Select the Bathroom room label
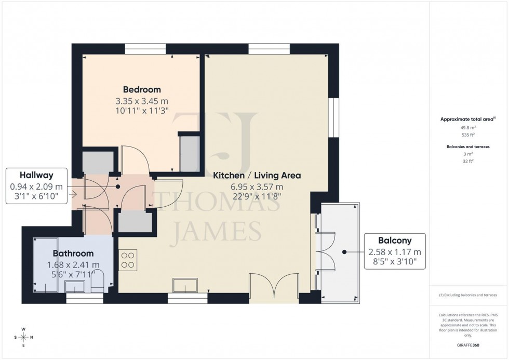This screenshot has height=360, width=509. click(x=73, y=254)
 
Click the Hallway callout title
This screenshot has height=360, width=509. click(x=36, y=175)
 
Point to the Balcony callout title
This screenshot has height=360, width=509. click(x=395, y=241)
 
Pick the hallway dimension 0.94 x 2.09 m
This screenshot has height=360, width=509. click(x=36, y=186)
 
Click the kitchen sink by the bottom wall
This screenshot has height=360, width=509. click(x=185, y=285)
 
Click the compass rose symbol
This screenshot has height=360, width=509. click(x=23, y=337)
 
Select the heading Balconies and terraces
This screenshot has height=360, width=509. click(x=468, y=147)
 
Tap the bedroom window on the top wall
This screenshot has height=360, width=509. click(x=145, y=49)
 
